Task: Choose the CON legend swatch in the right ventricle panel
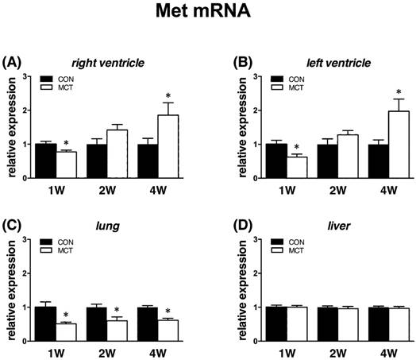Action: tap(47, 79)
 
